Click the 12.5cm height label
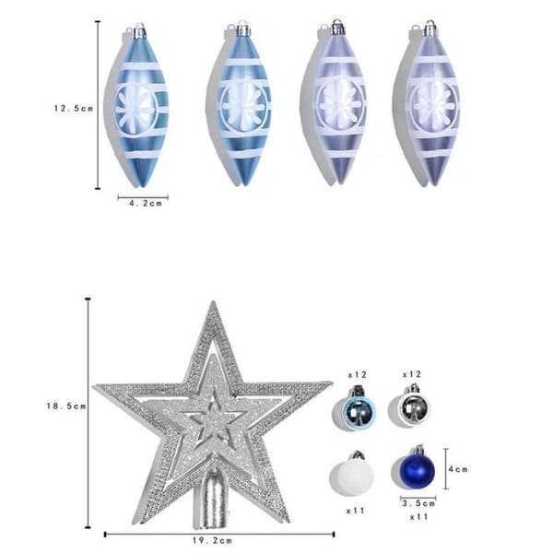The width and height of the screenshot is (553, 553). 74,108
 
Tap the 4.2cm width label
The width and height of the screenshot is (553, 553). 146,204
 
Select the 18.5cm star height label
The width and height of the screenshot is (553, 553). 66,406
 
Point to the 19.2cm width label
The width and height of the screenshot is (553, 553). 212,540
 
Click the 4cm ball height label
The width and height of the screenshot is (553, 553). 458,469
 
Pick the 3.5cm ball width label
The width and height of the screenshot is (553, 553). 418,503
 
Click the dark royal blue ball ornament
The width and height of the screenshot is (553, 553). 417,470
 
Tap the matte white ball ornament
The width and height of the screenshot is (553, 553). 352,475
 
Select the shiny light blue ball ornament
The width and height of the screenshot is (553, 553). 359,410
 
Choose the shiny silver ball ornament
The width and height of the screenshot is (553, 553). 414,406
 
